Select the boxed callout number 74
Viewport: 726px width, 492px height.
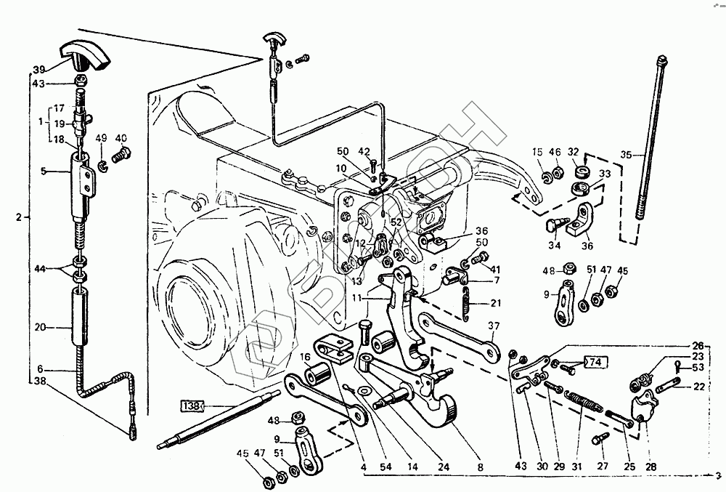point(595,362)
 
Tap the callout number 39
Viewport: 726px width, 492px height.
point(38,70)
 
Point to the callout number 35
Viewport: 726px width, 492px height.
point(627,155)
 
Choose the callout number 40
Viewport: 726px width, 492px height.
point(121,137)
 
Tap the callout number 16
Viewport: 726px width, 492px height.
point(304,357)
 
